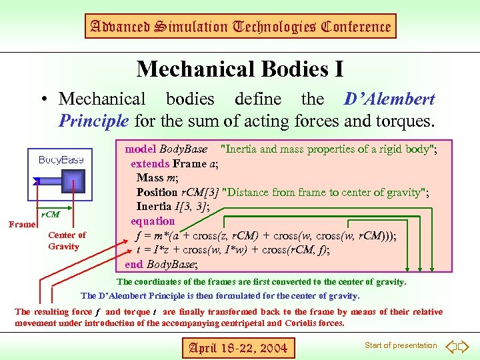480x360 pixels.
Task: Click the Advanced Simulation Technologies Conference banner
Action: click(x=240, y=27)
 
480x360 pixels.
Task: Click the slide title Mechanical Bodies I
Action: click(x=240, y=68)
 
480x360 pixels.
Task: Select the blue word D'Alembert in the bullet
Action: click(x=389, y=99)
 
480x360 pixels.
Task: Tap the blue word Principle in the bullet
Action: click(x=94, y=121)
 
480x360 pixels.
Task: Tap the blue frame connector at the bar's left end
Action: click(x=37, y=181)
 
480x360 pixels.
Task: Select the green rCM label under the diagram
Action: click(x=51, y=215)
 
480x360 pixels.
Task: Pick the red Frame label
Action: click(x=21, y=225)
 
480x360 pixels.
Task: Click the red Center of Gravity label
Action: click(x=67, y=241)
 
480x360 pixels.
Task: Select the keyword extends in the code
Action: click(x=150, y=163)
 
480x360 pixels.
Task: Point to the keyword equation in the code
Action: click(x=153, y=221)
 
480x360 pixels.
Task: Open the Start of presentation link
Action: click(x=401, y=345)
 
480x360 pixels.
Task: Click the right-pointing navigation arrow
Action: click(x=465, y=347)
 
